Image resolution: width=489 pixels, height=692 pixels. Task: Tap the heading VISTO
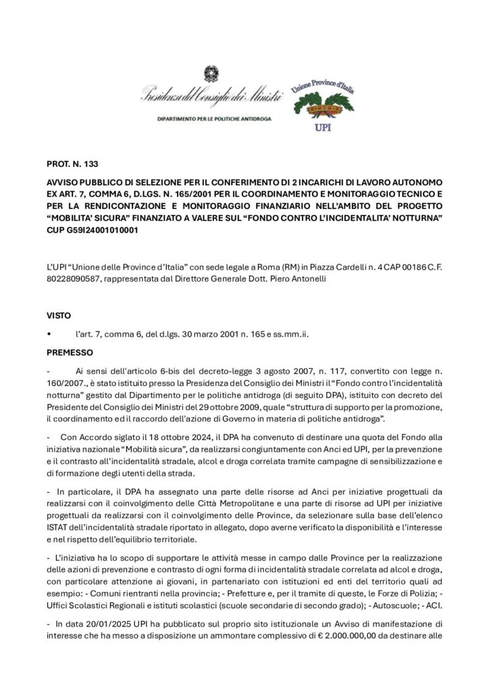tap(59, 316)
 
